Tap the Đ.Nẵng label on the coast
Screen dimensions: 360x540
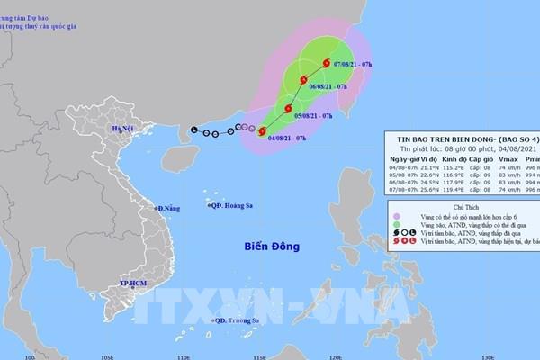coord(166,208)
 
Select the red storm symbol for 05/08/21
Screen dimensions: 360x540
coord(288,110)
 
